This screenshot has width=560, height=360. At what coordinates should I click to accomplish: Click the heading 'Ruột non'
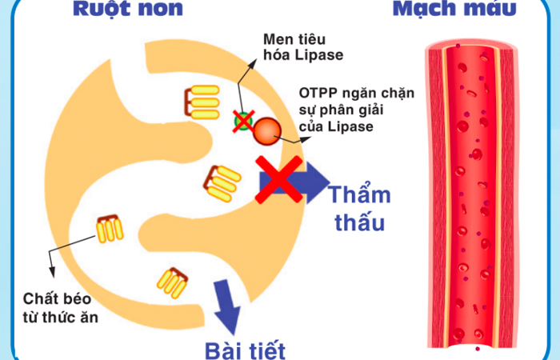128,9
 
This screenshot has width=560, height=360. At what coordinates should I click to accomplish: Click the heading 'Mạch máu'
454,9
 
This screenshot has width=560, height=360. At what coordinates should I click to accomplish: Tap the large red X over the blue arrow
279,180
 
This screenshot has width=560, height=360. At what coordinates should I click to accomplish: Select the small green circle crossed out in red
243,121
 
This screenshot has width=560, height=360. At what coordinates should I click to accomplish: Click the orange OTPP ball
267,131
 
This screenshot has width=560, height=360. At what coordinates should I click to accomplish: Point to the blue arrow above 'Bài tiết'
226,307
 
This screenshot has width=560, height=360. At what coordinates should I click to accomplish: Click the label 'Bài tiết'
245,350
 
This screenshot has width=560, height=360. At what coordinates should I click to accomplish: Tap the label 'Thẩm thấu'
360,208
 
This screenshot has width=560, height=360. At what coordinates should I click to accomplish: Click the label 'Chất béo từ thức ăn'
60,308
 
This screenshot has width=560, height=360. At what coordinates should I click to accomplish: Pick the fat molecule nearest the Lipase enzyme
202,102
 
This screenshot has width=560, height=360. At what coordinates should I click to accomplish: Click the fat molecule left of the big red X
222,183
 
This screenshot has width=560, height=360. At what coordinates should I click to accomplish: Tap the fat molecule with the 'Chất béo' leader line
110,229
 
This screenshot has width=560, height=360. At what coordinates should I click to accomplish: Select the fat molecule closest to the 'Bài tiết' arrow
172,282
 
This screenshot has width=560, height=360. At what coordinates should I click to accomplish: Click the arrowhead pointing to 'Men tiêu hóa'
253,63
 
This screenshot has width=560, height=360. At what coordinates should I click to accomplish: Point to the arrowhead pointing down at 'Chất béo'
52,272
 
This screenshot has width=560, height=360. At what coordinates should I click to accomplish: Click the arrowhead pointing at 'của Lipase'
306,139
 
